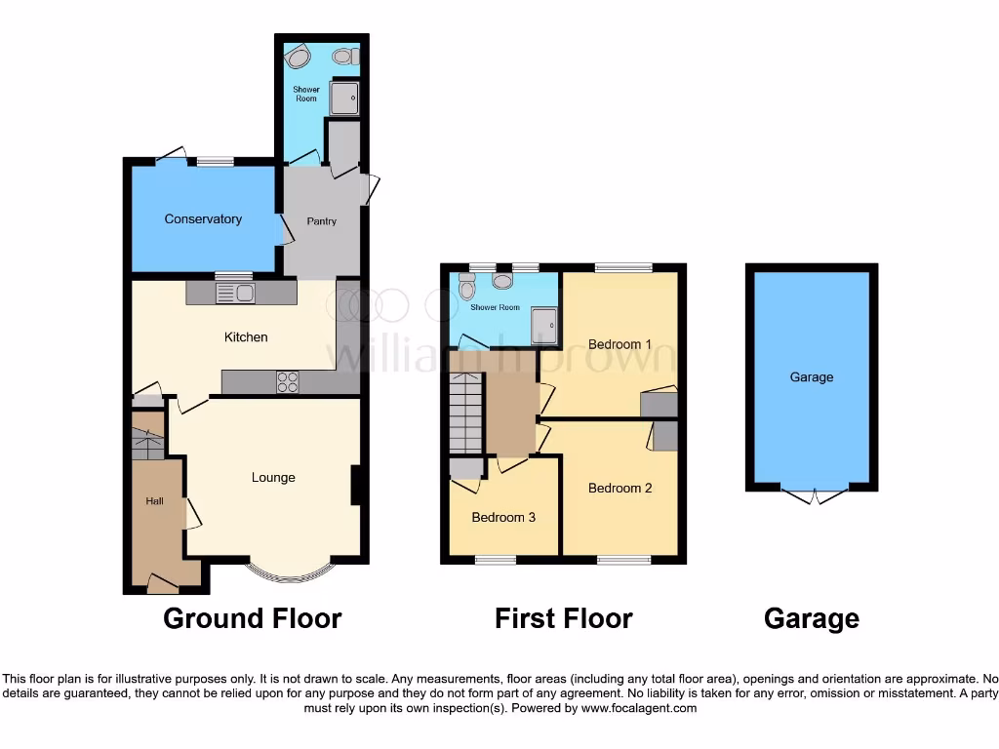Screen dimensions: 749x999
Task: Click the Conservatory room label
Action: (203, 219)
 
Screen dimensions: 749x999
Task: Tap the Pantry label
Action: (322, 221)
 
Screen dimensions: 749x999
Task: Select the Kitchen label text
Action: (246, 337)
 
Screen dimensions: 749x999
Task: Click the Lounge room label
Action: (273, 478)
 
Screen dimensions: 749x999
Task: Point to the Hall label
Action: (154, 501)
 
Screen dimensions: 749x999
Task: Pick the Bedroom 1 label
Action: (619, 344)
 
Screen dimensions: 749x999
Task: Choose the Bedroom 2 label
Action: (619, 489)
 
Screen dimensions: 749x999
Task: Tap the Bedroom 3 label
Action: (503, 518)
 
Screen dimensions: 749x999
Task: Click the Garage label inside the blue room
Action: (812, 377)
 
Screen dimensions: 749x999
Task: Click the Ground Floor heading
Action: (252, 618)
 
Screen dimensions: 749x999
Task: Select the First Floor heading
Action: (563, 618)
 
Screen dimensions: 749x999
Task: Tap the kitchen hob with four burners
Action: (288, 382)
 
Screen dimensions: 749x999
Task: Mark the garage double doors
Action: (813, 495)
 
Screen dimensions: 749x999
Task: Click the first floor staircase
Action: (466, 414)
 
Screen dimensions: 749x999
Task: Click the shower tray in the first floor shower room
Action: (545, 327)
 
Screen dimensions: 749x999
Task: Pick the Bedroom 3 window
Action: (496, 560)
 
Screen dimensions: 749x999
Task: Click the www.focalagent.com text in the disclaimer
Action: (638, 709)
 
